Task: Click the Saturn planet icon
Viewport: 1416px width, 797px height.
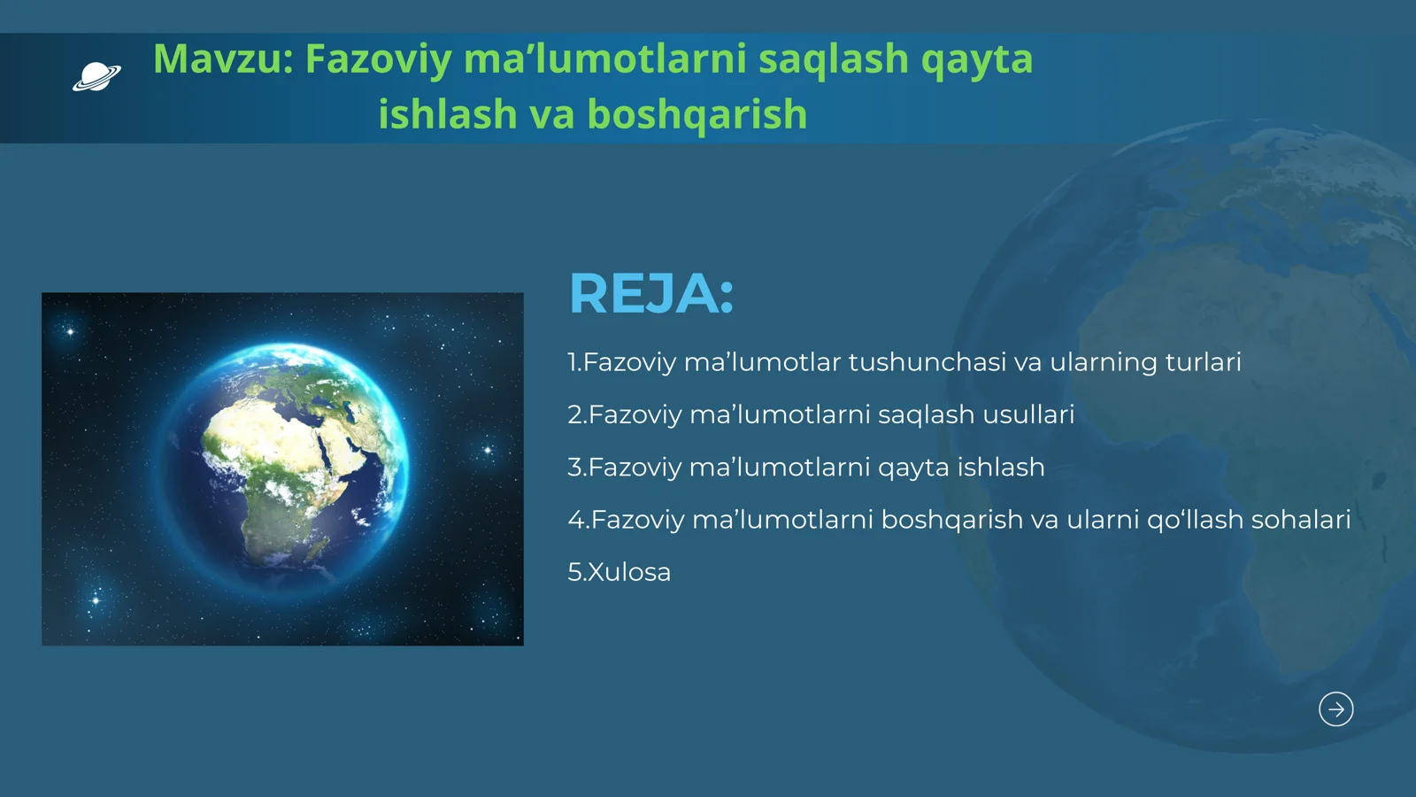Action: pyautogui.click(x=96, y=77)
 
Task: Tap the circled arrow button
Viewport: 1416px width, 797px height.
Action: pyautogui.click(x=1335, y=708)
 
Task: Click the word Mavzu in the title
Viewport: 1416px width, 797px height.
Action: pyautogui.click(x=221, y=59)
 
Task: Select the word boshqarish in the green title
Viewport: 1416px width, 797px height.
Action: pyautogui.click(x=696, y=114)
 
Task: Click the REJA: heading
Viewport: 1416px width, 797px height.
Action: pyautogui.click(x=651, y=293)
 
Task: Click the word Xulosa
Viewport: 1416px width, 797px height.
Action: pyautogui.click(x=629, y=572)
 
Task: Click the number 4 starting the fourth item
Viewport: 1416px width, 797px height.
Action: pyautogui.click(x=575, y=520)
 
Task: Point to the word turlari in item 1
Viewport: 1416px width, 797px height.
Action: pyautogui.click(x=1203, y=362)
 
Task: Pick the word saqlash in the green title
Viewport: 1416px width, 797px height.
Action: pyautogui.click(x=833, y=59)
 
